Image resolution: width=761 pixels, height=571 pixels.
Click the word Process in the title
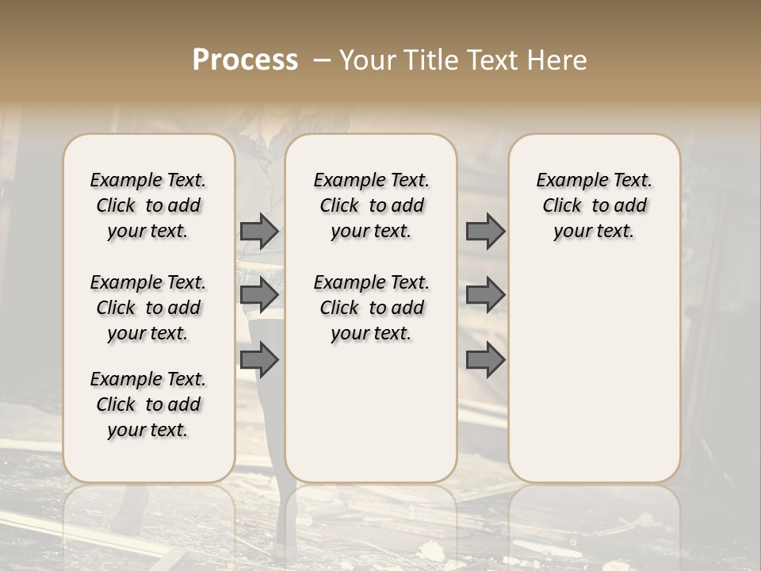(x=245, y=60)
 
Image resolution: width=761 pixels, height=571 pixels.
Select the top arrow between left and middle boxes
(x=259, y=231)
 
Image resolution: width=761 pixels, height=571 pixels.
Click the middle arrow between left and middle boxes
(x=259, y=295)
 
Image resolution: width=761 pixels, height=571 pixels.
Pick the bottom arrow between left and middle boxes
(x=259, y=361)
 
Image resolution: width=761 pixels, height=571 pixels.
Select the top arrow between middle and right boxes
(x=485, y=231)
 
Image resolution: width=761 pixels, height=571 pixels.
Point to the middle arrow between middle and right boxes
(x=485, y=295)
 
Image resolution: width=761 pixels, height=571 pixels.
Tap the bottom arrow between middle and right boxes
(x=485, y=361)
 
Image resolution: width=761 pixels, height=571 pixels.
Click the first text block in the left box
(x=148, y=205)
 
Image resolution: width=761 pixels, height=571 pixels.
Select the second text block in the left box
(x=148, y=308)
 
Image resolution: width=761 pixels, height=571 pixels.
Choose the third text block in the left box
(x=148, y=404)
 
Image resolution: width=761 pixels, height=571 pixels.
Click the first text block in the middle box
(x=371, y=205)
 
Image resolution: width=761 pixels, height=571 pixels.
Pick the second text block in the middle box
(x=371, y=308)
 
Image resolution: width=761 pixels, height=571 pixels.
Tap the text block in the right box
(x=594, y=205)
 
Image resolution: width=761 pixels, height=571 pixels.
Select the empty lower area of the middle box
(x=371, y=412)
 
